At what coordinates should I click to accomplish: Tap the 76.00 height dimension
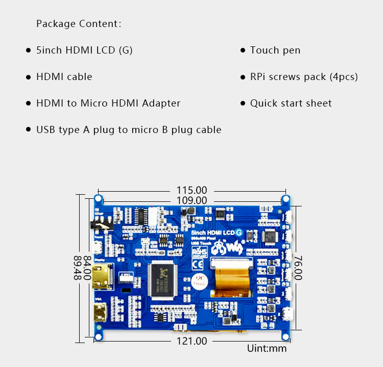point(299,267)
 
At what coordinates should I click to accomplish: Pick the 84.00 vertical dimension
point(87,267)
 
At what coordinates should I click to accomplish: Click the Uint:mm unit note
point(267,349)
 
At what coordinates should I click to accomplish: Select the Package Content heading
point(79,24)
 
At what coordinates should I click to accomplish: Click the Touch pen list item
point(275,50)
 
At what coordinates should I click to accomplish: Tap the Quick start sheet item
point(291,103)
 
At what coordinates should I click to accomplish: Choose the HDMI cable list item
point(64,76)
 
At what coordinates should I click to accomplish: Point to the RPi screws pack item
point(304,76)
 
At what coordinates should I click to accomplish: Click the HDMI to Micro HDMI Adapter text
point(108,103)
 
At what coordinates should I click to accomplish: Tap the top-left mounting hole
point(99,198)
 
